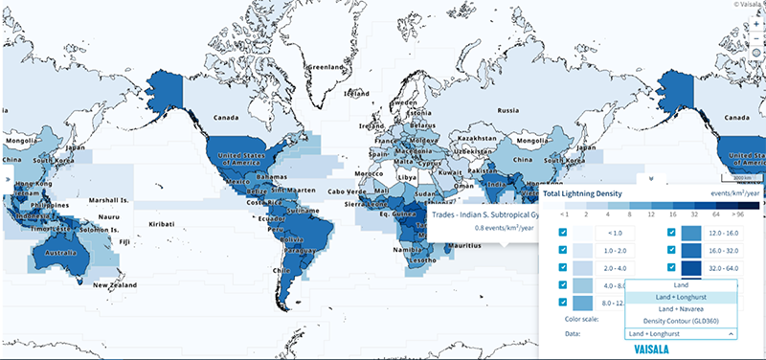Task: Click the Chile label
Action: click(x=282, y=271)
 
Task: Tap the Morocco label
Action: click(x=368, y=172)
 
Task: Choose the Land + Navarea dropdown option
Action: click(x=681, y=309)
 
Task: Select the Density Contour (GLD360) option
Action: click(x=681, y=321)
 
